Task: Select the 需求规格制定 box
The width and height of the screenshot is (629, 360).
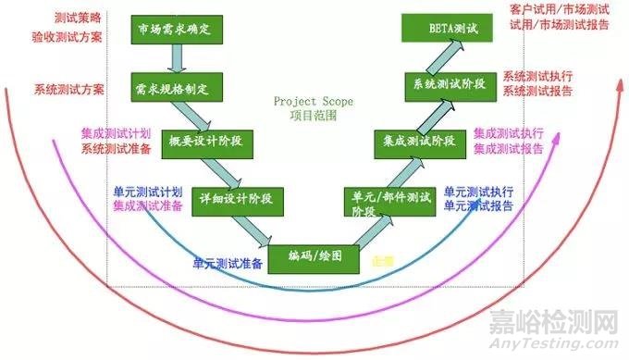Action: tap(173, 89)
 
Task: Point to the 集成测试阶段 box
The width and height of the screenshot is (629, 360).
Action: tap(419, 142)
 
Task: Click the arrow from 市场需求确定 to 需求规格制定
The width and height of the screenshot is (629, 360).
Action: tap(173, 58)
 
